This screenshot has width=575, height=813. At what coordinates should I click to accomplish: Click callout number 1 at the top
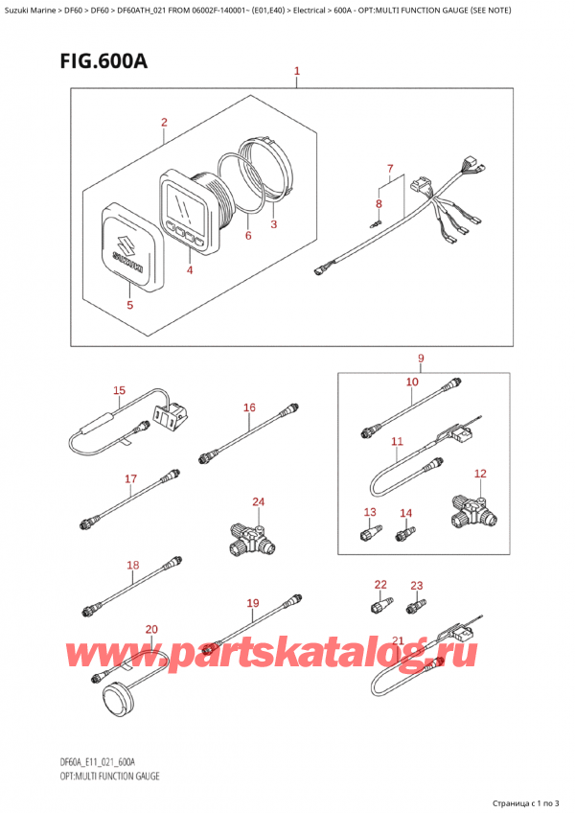click(297, 71)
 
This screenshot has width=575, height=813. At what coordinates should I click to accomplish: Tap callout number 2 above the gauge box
click(164, 122)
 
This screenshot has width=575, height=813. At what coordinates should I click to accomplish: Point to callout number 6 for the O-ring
click(247, 236)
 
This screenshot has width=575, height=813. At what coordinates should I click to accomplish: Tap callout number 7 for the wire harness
click(389, 170)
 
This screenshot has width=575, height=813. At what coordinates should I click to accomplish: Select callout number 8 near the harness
click(379, 203)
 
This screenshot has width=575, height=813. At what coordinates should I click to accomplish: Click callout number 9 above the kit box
click(420, 360)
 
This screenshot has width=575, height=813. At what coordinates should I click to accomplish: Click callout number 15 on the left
click(119, 390)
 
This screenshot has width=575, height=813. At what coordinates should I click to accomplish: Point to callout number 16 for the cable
click(249, 407)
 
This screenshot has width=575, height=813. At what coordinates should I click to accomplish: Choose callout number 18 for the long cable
click(132, 565)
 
